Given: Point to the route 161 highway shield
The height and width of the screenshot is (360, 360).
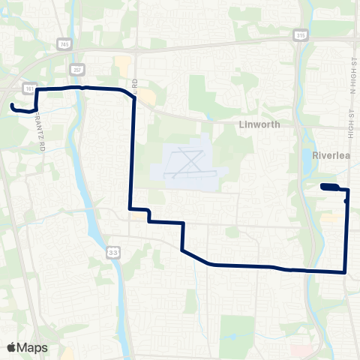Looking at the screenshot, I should coord(27,87).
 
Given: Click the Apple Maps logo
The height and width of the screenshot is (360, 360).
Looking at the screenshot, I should coord(12,347).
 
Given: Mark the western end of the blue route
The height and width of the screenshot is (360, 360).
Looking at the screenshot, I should coord(13,106).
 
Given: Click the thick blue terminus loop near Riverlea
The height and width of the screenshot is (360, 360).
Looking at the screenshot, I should coord(329,187).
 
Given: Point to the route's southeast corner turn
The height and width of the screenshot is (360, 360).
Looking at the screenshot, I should coord(345,271).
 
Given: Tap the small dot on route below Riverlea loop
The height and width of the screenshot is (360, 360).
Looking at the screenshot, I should coord(345,201).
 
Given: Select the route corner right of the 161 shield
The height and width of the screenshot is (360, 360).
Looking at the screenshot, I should coord(37,89).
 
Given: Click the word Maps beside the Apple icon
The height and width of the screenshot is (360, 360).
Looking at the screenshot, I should coord(33,347).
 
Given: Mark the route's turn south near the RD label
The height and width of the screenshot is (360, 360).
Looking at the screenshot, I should coord(133,98).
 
